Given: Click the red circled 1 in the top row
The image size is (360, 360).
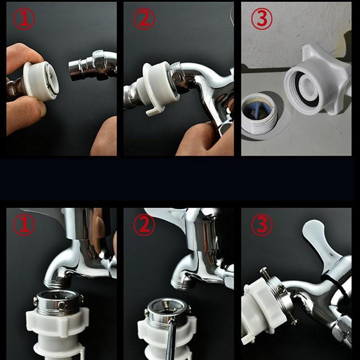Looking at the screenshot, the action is pos(24,19).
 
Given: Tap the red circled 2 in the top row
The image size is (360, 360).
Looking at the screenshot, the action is pos(144,19).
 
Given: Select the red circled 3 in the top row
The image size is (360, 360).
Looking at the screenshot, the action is pos(262,19).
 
